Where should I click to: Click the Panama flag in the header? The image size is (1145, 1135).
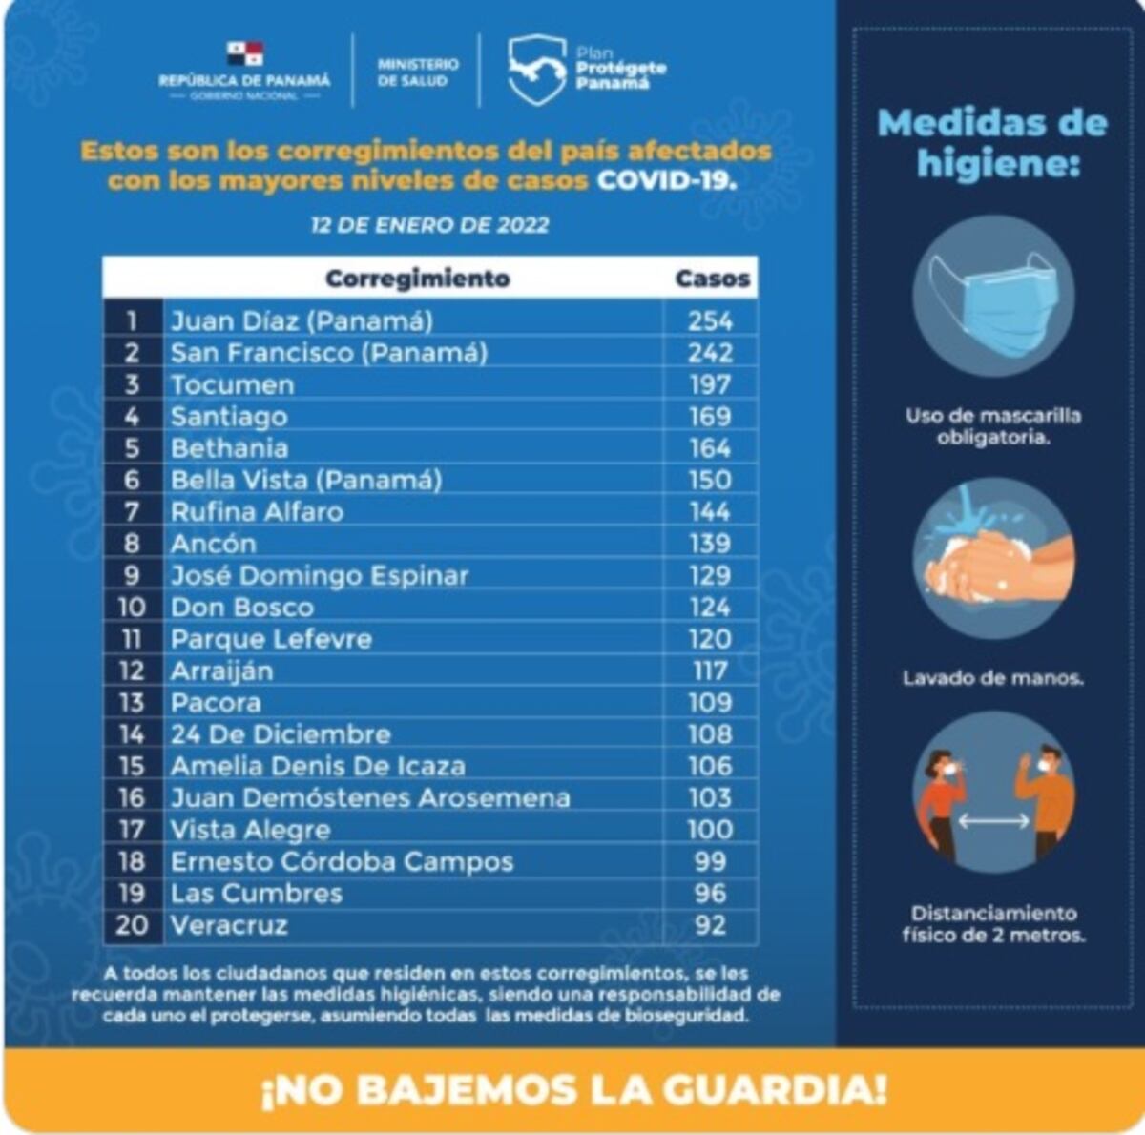pyautogui.click(x=244, y=53)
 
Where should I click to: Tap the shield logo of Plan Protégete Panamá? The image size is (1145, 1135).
pyautogui.click(x=536, y=69)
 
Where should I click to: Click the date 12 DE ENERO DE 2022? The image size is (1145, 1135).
pyautogui.click(x=429, y=225)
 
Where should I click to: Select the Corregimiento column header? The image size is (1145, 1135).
pyautogui.click(x=418, y=279)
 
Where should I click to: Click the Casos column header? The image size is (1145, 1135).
pyautogui.click(x=712, y=279)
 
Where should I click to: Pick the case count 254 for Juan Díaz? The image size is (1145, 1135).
pyautogui.click(x=711, y=320)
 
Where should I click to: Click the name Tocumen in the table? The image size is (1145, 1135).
pyautogui.click(x=232, y=384)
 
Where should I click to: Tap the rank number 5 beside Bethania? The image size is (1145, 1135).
pyautogui.click(x=132, y=448)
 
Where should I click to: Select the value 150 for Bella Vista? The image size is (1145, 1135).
pyautogui.click(x=711, y=480)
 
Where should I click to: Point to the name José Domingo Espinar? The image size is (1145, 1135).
pyautogui.click(x=319, y=575)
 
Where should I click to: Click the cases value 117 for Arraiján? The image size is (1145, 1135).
pyautogui.click(x=711, y=671)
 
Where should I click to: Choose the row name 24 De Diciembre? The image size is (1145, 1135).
pyautogui.click(x=281, y=734)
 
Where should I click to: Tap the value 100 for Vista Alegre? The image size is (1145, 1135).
pyautogui.click(x=711, y=830)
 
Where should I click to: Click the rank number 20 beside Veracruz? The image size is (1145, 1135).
pyautogui.click(x=132, y=925)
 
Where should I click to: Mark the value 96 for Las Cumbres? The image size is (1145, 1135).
pyautogui.click(x=711, y=894)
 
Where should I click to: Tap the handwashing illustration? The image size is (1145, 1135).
pyautogui.click(x=992, y=558)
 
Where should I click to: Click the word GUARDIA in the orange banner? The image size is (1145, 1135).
pyautogui.click(x=754, y=1089)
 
